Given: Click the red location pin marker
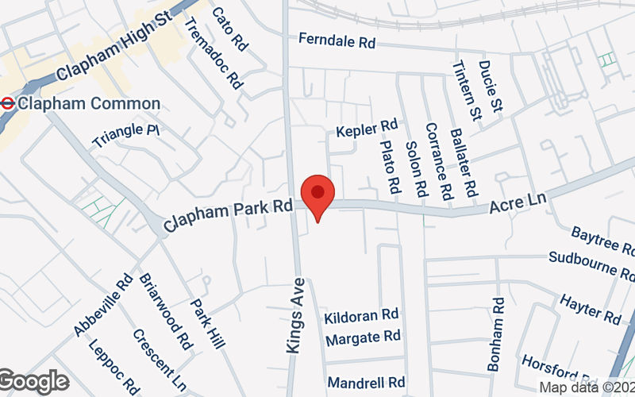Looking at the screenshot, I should (318, 195).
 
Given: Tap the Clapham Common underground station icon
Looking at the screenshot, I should (7, 103).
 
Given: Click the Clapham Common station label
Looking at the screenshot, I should (88, 103).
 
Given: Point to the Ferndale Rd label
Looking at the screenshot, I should (337, 41).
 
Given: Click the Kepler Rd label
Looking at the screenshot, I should (366, 128).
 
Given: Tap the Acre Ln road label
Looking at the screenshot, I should (518, 203).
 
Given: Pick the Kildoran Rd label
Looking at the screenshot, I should (361, 316).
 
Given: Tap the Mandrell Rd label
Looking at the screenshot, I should (366, 382).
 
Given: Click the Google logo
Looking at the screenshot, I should (34, 381).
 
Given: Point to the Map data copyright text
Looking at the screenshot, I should (587, 387).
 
